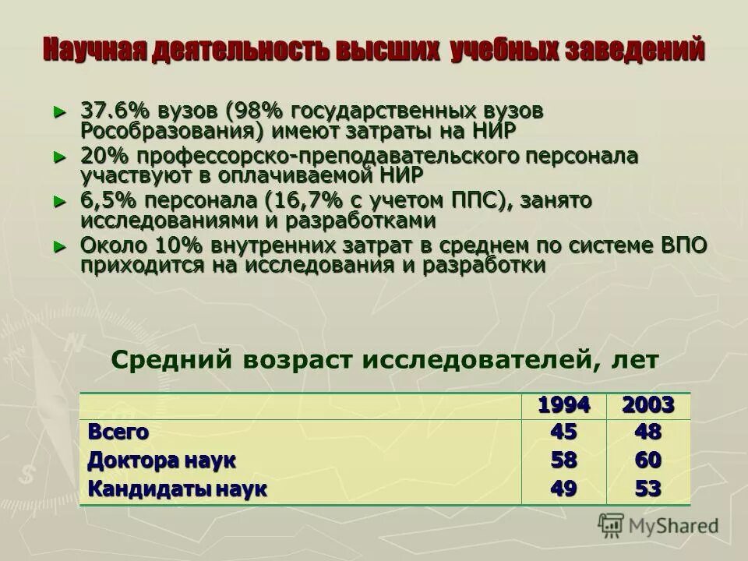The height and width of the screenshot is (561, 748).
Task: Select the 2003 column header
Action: click(647, 405)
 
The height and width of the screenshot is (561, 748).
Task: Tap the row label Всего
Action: click(118, 431)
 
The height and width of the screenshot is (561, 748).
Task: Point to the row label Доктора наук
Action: click(161, 460)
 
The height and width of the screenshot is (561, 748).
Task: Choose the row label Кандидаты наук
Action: click(177, 489)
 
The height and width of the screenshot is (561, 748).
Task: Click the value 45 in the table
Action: click(564, 431)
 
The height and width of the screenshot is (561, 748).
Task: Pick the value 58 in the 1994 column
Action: click(564, 460)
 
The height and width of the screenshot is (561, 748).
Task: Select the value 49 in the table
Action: click(564, 489)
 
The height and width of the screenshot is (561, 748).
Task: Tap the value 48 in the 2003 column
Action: click(647, 431)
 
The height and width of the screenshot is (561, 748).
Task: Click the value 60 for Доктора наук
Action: click(647, 460)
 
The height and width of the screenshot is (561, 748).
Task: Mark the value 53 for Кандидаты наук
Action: click(647, 489)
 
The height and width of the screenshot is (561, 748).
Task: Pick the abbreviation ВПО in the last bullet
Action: click(683, 245)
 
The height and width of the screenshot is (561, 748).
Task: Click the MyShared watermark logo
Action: click(658, 525)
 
